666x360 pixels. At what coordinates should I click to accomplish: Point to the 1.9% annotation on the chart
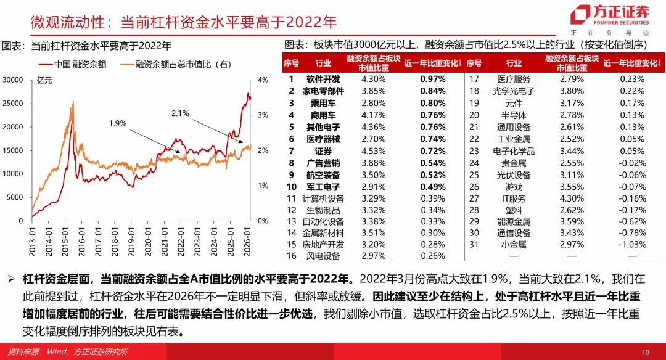[117, 123]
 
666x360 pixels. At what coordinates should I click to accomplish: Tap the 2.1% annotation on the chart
[180, 113]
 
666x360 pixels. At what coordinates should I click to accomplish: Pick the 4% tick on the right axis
[263, 80]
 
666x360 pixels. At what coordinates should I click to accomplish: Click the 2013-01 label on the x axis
[31, 238]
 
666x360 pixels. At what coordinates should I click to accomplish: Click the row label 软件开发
[323, 79]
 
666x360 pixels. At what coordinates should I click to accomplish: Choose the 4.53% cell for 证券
[373, 150]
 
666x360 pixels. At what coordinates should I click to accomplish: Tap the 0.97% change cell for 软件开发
[432, 79]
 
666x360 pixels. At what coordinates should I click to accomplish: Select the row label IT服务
[514, 198]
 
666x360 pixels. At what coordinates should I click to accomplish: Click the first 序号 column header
[292, 63]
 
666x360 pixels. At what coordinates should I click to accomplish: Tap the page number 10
[646, 352]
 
